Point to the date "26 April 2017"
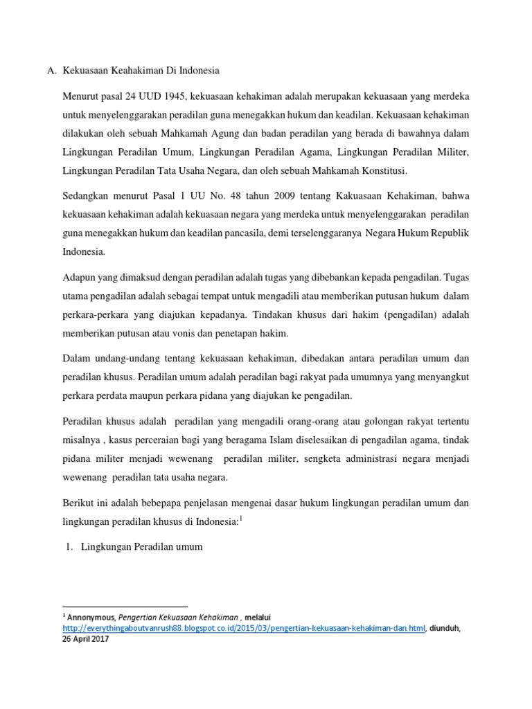coord(86,639)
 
